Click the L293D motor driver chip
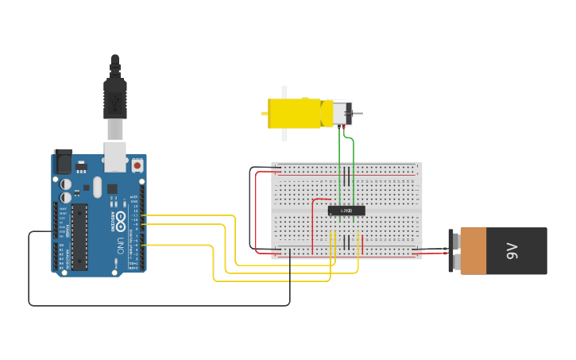point(346,211)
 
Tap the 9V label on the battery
point(512,251)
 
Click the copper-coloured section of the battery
point(473,251)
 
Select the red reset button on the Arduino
point(137,166)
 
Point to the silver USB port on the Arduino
point(115,157)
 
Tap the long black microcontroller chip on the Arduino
point(79,236)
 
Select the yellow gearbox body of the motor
point(294,113)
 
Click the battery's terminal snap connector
point(453,251)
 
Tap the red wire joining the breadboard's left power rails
point(257,211)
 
